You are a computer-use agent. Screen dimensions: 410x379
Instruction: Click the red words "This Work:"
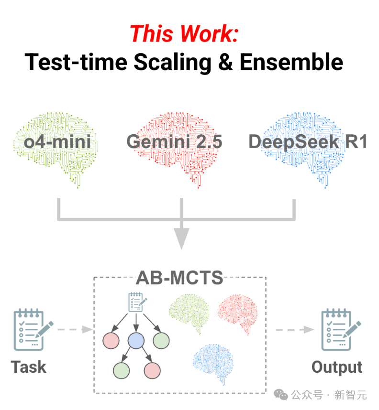tap(184, 33)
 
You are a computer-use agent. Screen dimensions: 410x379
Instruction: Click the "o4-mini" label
tap(57, 142)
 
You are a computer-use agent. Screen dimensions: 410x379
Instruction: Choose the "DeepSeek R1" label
tap(308, 142)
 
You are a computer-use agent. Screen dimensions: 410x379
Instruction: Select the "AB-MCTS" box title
tap(179, 278)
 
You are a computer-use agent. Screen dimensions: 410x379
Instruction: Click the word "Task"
tap(29, 367)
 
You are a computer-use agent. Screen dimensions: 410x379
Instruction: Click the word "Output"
tap(337, 367)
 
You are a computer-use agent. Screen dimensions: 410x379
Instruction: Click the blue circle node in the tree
tap(136, 341)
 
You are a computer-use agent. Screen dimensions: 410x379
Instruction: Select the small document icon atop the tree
tap(136, 302)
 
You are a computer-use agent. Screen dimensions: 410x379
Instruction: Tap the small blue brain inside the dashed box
tap(213, 363)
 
